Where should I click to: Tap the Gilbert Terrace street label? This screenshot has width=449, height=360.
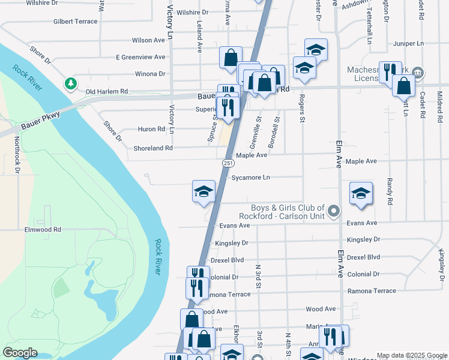[75, 22]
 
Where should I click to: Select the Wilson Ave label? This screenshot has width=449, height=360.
[148, 41]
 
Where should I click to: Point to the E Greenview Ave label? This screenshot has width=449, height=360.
[140, 58]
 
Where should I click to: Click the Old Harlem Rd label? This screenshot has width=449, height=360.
[107, 92]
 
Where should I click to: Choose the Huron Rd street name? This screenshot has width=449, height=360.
[152, 129]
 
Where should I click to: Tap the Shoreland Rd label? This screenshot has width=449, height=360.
[152, 148]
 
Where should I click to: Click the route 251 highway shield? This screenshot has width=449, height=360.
[229, 163]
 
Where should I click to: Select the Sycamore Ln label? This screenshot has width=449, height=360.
[250, 178]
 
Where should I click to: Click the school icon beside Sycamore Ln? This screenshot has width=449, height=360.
[203, 192]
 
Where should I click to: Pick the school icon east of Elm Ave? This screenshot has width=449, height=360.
[361, 194]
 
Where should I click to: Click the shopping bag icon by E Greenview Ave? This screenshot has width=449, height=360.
[231, 58]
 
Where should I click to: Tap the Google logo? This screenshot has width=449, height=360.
[20, 353]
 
